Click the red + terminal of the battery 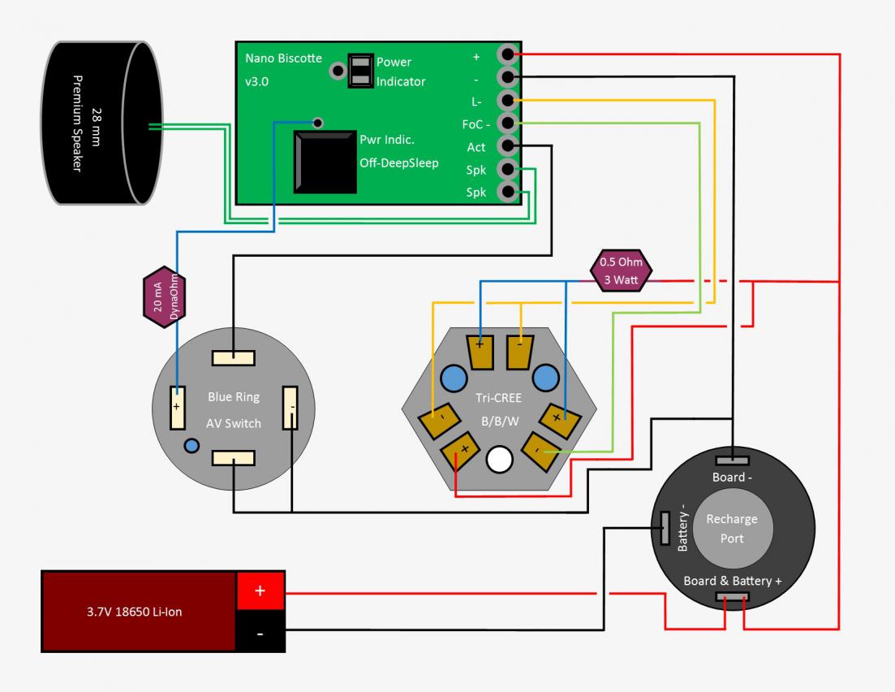[260, 591]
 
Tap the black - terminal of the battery [260, 633]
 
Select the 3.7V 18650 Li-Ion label [135, 612]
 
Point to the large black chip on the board [325, 162]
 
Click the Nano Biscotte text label [283, 59]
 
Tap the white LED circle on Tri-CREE [499, 461]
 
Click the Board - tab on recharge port [732, 461]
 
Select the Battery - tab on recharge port [665, 529]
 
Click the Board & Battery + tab [732, 597]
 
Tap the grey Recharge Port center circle [731, 528]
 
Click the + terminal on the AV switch [176, 407]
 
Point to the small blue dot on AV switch [191, 445]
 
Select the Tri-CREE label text [499, 399]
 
